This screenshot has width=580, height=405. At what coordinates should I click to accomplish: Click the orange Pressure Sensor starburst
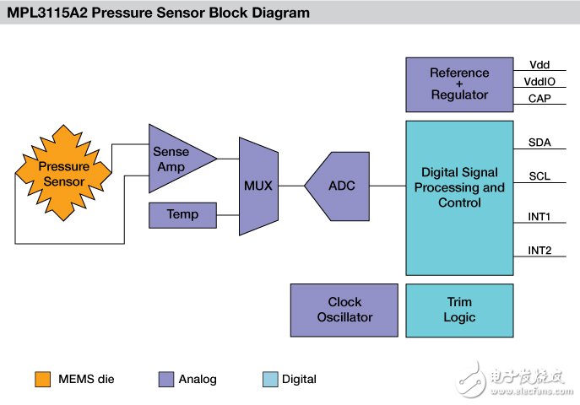(62, 174)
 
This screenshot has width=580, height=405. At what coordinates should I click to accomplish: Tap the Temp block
(182, 215)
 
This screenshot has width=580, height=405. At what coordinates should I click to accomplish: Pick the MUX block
(258, 186)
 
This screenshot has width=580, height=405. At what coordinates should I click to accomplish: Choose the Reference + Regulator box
(459, 84)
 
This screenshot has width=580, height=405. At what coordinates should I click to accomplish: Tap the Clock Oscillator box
(344, 310)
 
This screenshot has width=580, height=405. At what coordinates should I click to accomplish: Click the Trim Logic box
(459, 310)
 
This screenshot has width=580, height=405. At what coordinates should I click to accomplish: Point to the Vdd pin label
(539, 65)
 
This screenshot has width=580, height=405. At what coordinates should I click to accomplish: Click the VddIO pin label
(539, 82)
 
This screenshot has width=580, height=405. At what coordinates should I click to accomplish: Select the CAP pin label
(539, 98)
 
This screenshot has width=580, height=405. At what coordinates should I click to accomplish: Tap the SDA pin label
(539, 143)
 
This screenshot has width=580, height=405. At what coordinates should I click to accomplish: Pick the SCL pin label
(539, 177)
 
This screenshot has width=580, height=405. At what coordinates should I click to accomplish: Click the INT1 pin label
(539, 216)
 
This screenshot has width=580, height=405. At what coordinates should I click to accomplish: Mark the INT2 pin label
(539, 251)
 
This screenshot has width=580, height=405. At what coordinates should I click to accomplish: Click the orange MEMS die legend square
(42, 379)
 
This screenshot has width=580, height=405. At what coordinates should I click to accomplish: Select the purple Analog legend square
(165, 379)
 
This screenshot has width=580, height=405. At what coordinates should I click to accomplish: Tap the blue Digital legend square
(270, 379)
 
